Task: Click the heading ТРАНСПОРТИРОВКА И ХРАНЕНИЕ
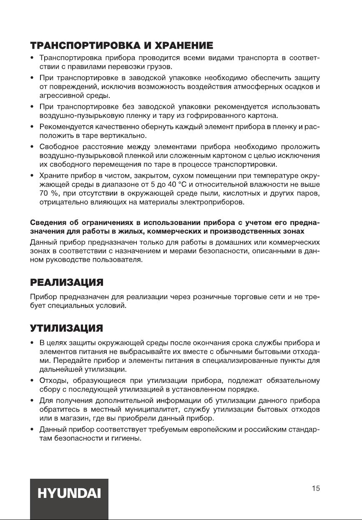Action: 122,45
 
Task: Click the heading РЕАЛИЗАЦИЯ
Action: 67,283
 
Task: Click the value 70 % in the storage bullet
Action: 47,194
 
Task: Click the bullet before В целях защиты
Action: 32,343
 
